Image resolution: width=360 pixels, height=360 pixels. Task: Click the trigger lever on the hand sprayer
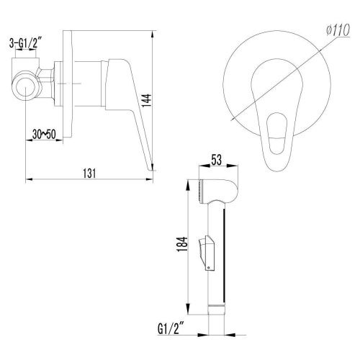[207, 253]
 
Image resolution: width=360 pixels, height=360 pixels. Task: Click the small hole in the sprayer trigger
[209, 267]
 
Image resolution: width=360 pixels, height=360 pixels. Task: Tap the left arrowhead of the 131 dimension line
[27, 179]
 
